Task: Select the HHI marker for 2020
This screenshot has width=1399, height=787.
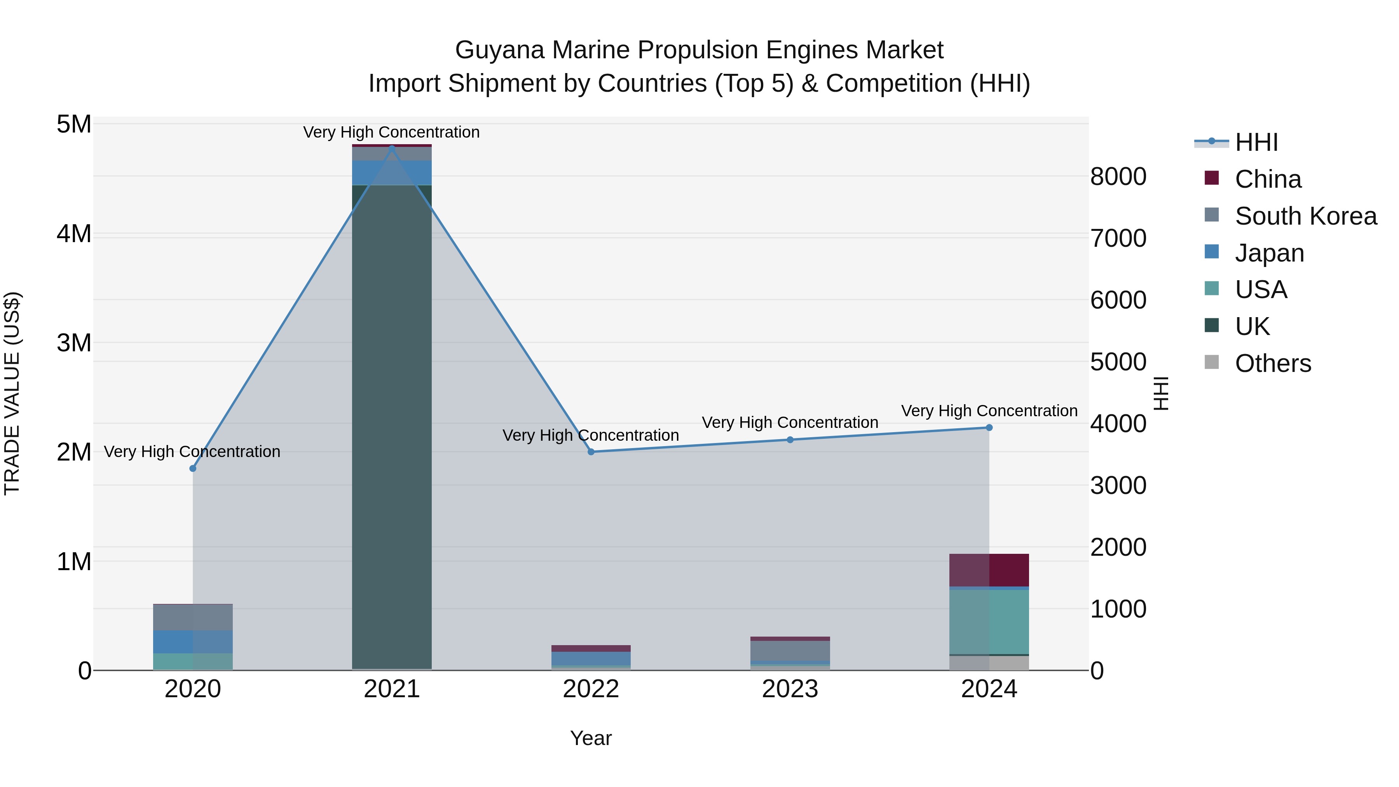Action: point(193,468)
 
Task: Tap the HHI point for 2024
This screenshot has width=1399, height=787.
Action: point(989,428)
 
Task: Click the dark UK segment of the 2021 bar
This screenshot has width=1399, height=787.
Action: point(392,435)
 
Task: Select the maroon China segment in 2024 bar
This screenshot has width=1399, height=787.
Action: point(989,570)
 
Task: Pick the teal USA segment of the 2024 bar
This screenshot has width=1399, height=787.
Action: point(989,622)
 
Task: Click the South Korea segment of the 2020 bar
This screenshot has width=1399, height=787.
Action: point(193,617)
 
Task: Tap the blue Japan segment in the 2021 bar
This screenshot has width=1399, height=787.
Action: point(392,173)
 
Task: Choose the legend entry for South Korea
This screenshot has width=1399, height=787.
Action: point(1306,216)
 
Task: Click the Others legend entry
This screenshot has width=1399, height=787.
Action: point(1272,363)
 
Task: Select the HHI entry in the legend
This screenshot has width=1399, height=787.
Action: point(1256,142)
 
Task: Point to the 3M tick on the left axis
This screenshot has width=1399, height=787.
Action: point(74,343)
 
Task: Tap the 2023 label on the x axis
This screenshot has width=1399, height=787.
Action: point(790,689)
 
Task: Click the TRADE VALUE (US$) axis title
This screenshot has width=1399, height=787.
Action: point(12,393)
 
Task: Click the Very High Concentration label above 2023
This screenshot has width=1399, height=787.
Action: point(790,422)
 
